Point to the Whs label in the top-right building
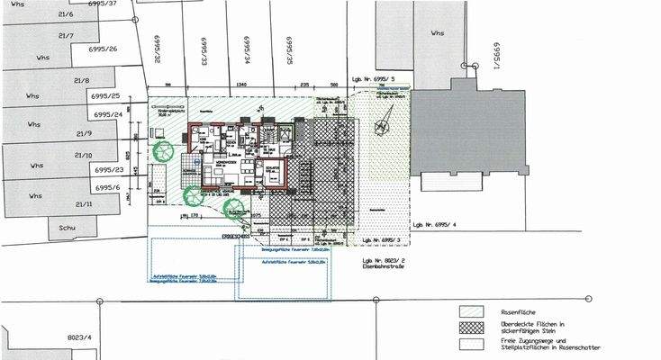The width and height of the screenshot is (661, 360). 437,33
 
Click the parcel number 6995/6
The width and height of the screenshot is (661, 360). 105,187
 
